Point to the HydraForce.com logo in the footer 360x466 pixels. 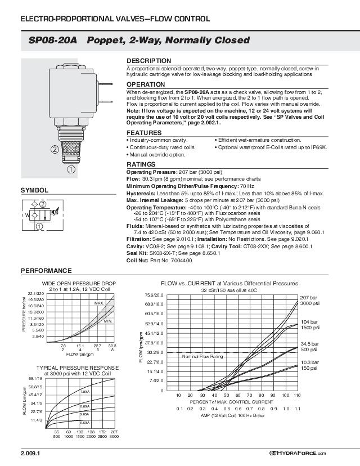coord(297,454)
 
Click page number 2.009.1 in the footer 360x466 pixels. coord(31,453)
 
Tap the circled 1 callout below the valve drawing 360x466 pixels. coord(71,169)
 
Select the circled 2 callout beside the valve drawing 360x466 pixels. coord(54,150)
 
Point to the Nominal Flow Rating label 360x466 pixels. coord(202,356)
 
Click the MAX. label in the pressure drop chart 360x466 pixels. coord(100,303)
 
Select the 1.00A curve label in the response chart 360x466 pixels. coord(85,391)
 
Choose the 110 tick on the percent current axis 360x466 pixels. coord(298,396)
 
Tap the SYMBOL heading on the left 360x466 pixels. coord(34,190)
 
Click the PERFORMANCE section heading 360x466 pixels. coord(46,271)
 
